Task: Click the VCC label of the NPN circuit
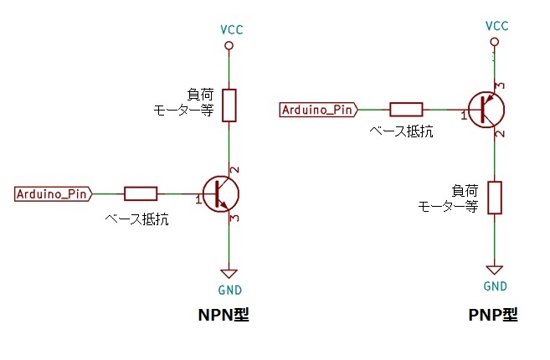[231, 29]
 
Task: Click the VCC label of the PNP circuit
[496, 25]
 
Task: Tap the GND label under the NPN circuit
[229, 290]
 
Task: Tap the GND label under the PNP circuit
[496, 286]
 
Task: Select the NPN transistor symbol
[221, 193]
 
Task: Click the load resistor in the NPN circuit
[229, 105]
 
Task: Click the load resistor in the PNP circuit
[496, 197]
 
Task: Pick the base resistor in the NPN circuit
[141, 194]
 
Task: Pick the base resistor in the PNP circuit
[406, 109]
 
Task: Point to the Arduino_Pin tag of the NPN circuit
[53, 194]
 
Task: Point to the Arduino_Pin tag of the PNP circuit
[318, 109]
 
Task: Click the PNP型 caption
[493, 316]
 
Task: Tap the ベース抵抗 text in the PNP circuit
[402, 131]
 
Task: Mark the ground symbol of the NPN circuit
[229, 273]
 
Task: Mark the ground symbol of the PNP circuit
[496, 270]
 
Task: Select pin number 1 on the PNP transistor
[463, 115]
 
